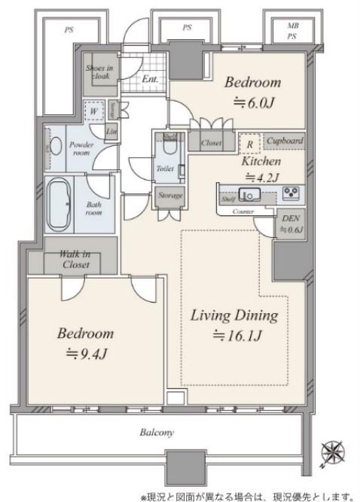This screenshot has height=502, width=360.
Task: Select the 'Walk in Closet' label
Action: [75, 260]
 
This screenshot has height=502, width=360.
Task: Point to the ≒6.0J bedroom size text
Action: [252, 105]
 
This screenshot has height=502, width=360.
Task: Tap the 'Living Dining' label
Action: [234, 315]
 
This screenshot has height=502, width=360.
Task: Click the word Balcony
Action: [157, 433]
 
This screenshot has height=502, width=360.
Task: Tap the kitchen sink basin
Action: [251, 195]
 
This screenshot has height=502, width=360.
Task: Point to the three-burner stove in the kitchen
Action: [291, 193]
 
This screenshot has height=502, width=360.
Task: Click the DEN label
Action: [289, 219]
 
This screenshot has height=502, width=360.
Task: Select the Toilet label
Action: [166, 169]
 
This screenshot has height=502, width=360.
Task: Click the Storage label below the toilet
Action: [169, 196]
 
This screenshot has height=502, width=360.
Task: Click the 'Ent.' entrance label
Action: [149, 78]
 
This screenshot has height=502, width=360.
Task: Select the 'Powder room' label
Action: [80, 147]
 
